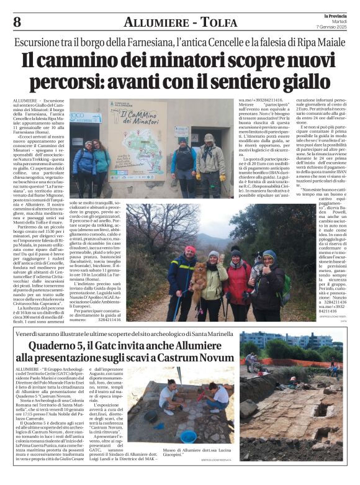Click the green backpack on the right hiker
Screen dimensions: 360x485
click(286, 286)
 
